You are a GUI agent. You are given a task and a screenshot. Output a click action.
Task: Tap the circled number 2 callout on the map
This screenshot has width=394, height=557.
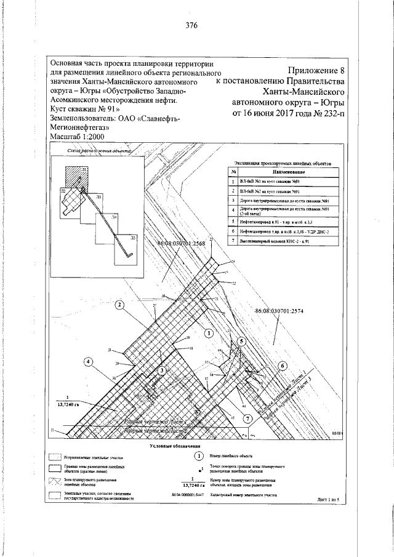(x=119, y=304)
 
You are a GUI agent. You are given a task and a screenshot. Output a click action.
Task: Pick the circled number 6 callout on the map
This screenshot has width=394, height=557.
(x=283, y=365)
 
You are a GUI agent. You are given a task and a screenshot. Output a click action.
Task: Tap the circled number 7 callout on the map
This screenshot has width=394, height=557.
(x=247, y=419)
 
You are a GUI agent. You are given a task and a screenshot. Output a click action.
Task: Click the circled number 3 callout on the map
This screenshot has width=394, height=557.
(x=162, y=371)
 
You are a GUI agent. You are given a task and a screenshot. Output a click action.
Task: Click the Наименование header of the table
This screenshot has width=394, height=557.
(x=283, y=172)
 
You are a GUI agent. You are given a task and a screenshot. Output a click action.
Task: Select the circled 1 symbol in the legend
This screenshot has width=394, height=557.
(x=199, y=456)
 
